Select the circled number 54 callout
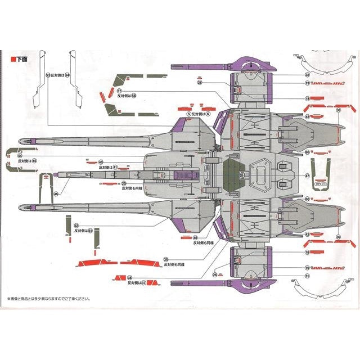[x=67, y=74]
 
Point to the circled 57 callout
[x=119, y=90]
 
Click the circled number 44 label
[x=19, y=155]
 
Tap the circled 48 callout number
[x=195, y=237]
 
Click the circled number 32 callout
[x=307, y=74]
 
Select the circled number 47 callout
[x=307, y=175]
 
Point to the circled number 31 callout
[x=307, y=276]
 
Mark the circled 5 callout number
[x=188, y=113]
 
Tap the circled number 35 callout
[x=165, y=259]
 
